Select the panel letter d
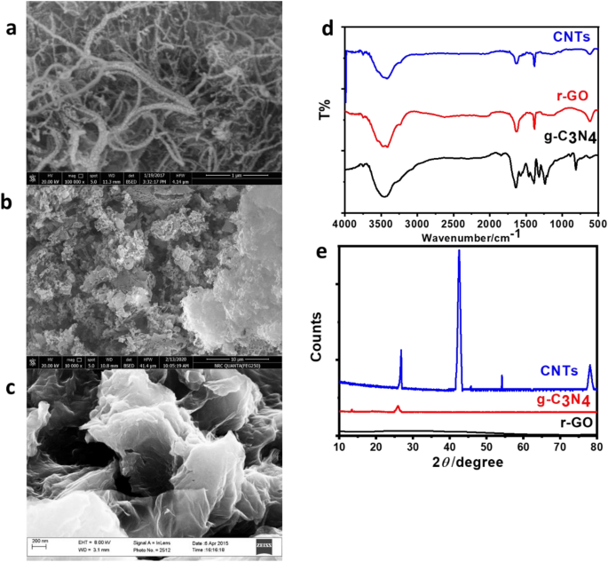[327, 28]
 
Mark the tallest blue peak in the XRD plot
[459, 252]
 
